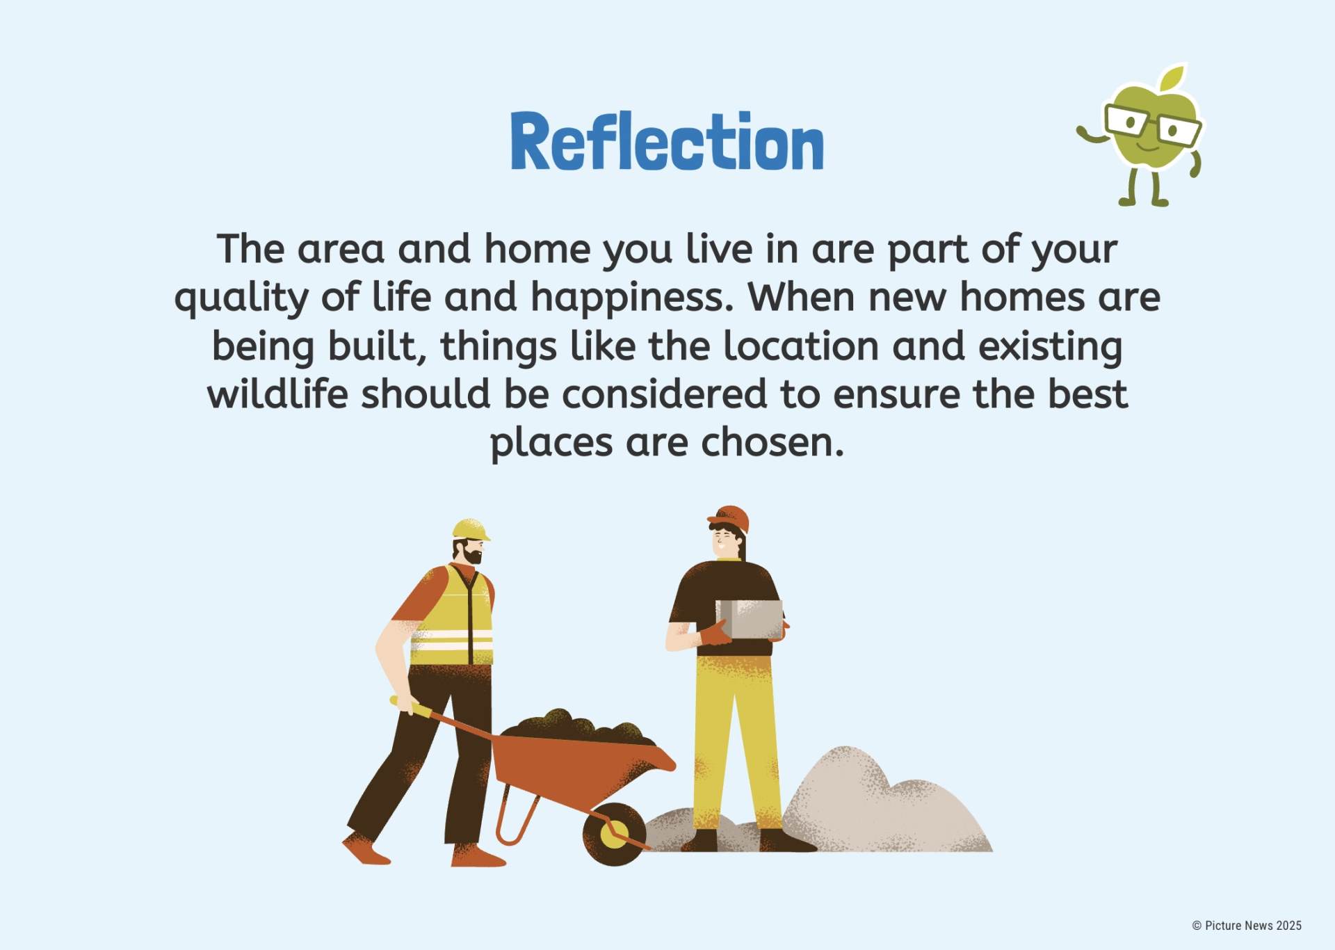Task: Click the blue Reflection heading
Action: tap(667, 141)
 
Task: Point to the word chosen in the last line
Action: tap(772, 442)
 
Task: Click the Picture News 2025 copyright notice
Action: tap(1247, 926)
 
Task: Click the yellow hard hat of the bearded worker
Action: tap(470, 530)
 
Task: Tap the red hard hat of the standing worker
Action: tap(729, 519)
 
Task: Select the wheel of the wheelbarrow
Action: tap(615, 834)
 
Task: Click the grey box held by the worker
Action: tap(750, 619)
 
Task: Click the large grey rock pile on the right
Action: tap(883, 803)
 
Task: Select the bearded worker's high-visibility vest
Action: tap(453, 615)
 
